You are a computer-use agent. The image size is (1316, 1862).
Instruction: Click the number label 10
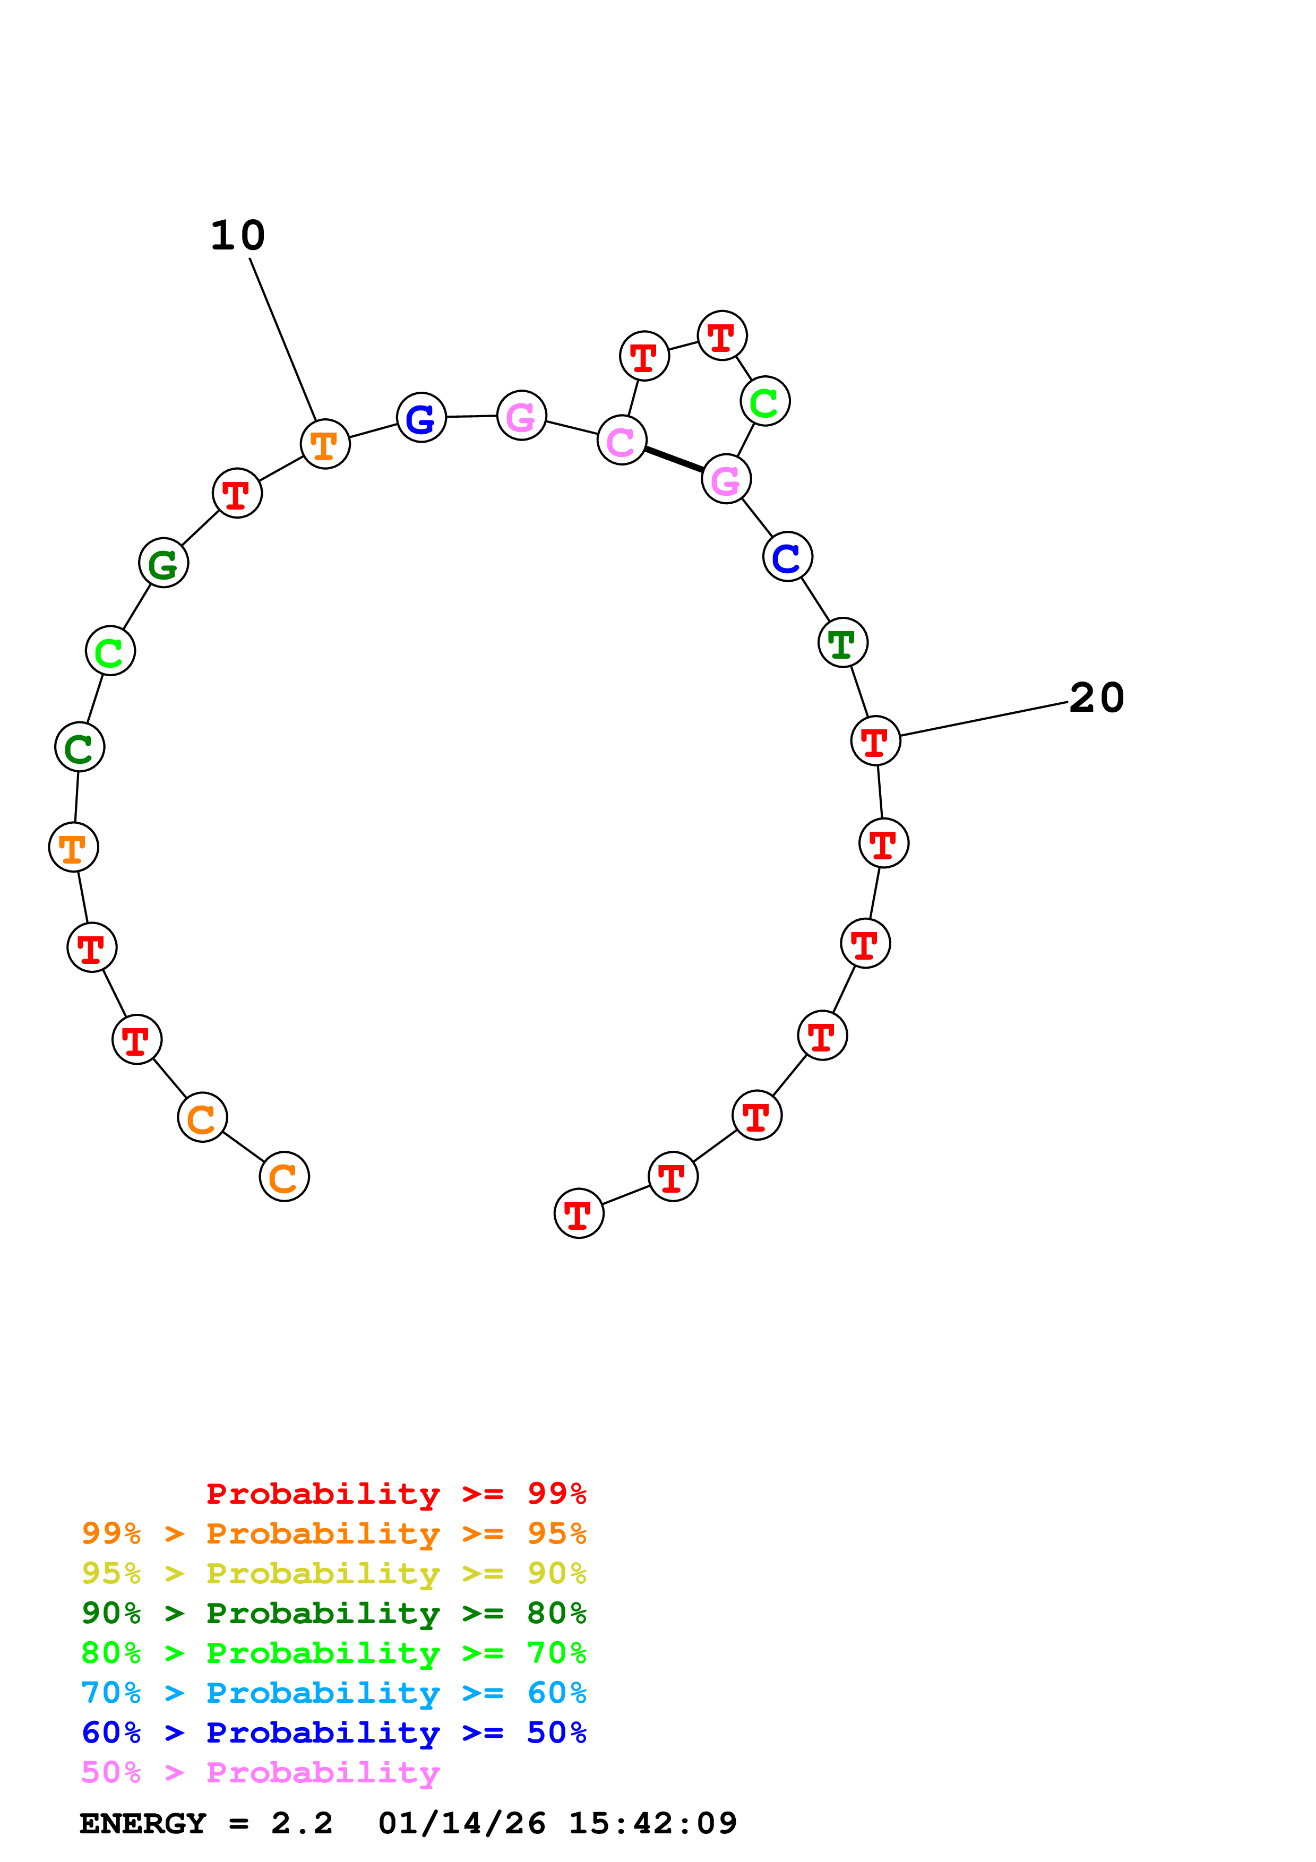(238, 236)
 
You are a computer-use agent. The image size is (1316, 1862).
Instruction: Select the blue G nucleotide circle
(421, 418)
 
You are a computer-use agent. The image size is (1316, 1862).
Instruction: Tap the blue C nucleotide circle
(787, 557)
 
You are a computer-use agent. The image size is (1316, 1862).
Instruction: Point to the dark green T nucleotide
(842, 643)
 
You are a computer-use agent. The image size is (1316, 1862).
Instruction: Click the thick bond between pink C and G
(674, 460)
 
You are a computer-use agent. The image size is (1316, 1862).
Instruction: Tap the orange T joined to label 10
(324, 444)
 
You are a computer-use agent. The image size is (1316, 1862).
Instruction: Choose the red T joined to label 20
(875, 740)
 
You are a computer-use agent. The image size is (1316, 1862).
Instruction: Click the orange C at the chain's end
(284, 1177)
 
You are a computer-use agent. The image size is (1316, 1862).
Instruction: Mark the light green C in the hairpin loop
(764, 401)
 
